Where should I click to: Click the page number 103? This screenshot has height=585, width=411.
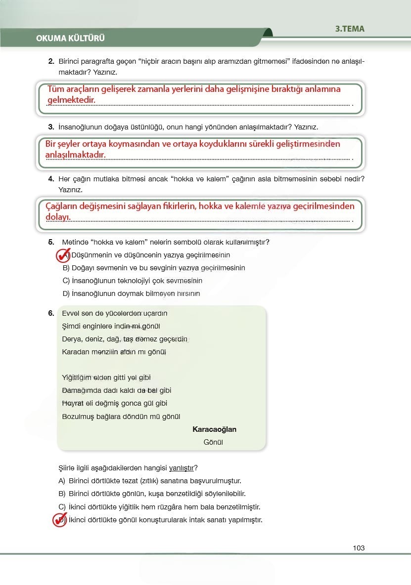pos(359,547)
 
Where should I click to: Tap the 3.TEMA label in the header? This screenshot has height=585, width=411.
pos(350,29)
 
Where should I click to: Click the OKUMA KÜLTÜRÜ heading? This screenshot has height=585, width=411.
pos(70,38)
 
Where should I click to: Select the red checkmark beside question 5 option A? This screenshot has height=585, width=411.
pos(62,255)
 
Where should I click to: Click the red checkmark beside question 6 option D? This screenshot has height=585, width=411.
pos(59,520)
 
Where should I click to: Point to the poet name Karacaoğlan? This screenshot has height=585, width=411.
pos(214,429)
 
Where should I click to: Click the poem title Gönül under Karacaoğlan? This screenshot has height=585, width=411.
pos(213,442)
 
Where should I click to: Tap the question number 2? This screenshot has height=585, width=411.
pos(51,61)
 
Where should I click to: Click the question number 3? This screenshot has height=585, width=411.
pos(51,127)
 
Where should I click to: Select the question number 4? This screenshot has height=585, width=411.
pos(51,178)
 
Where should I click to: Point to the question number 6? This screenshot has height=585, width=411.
pos(51,313)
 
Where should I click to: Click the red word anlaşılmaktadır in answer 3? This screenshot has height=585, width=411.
pos(75,155)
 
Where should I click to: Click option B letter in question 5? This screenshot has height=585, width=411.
pos(66,268)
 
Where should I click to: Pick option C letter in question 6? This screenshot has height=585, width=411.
pos(62,507)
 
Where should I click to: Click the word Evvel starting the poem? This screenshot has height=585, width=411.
pos(71,313)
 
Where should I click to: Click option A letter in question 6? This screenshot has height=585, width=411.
pos(62,481)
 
